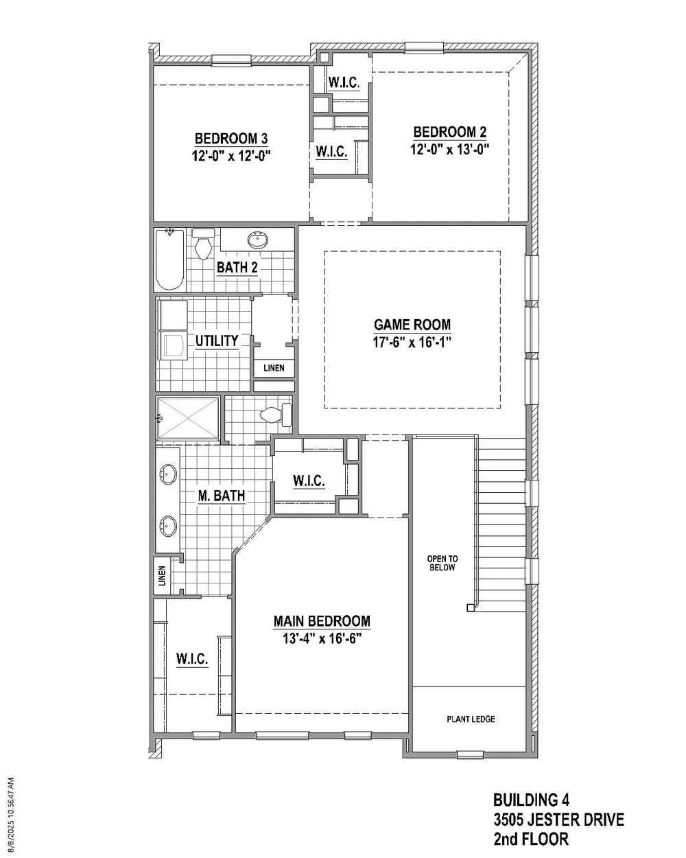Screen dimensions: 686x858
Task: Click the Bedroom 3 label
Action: [x=230, y=139]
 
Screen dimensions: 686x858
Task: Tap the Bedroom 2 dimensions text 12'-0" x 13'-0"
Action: [x=449, y=149]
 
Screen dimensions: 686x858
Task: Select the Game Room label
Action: [x=412, y=325]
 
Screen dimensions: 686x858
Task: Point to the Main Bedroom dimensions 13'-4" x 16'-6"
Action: [x=322, y=639]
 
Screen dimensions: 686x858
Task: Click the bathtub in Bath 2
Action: [x=170, y=259]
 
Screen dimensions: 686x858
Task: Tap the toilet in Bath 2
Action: [x=203, y=244]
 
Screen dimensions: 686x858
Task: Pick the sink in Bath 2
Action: [x=257, y=240]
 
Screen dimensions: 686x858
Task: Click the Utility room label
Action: [x=217, y=340]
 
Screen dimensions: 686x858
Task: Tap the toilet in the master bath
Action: [x=276, y=415]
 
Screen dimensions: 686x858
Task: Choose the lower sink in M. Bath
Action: [x=168, y=526]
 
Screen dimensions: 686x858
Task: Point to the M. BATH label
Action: [x=222, y=496]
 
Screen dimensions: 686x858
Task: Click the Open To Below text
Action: [x=442, y=563]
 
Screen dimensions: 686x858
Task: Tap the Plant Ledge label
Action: [x=471, y=719]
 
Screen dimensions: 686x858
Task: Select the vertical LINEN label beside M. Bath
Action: [x=162, y=576]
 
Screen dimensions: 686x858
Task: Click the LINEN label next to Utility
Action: [x=274, y=368]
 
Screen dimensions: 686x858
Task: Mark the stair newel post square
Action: [x=471, y=607]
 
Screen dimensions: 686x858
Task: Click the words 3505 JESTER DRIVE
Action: [x=559, y=820]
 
